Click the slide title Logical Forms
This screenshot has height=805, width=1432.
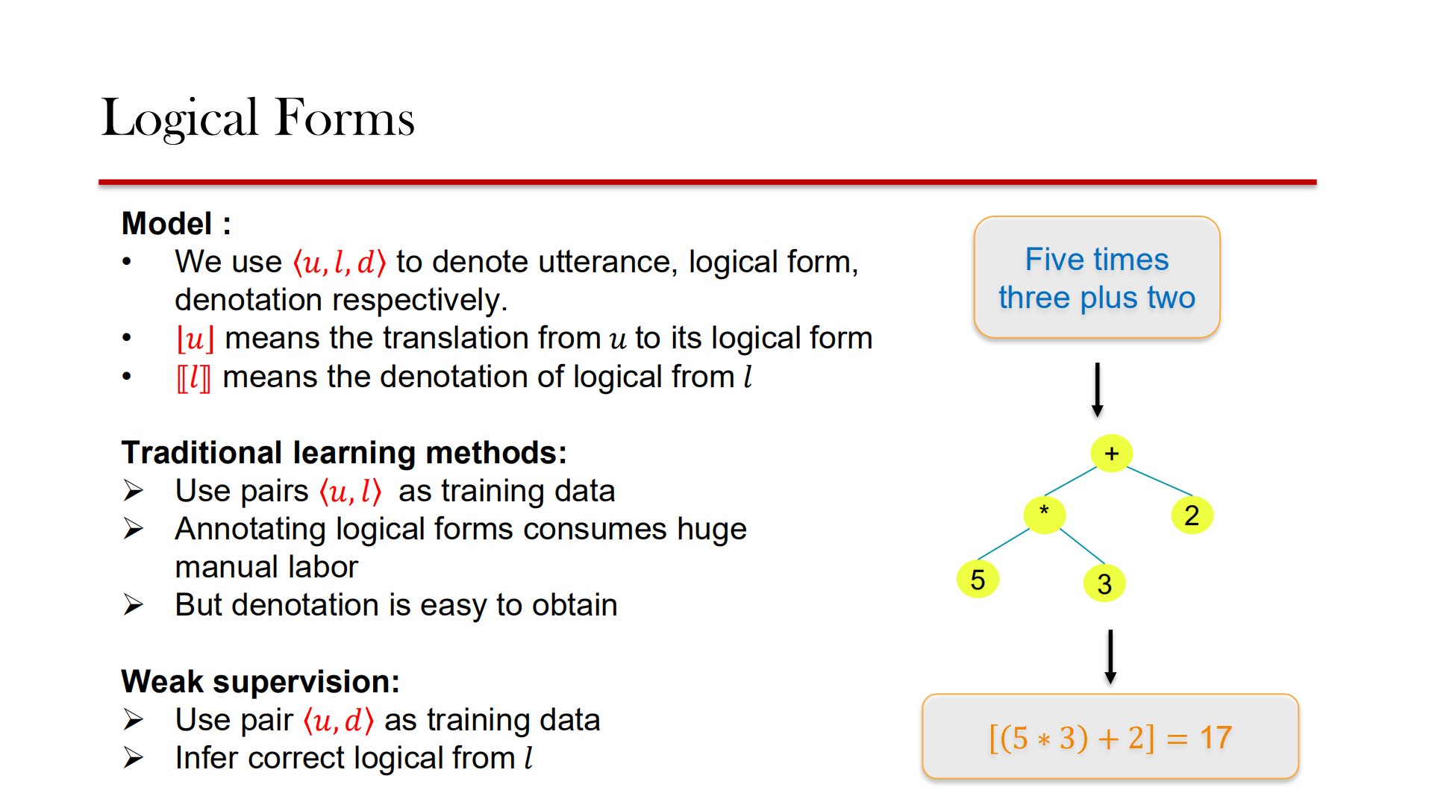(x=257, y=118)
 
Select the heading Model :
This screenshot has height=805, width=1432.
(x=176, y=223)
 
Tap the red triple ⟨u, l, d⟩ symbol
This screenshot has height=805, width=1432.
(x=340, y=262)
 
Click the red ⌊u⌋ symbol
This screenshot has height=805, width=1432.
(x=195, y=339)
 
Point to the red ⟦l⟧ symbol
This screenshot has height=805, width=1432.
(x=193, y=378)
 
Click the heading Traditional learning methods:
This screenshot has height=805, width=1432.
(x=344, y=452)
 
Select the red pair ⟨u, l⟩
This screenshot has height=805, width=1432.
(x=350, y=492)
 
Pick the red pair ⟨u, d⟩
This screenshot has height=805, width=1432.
(x=338, y=721)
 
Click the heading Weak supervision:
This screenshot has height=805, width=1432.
(x=260, y=681)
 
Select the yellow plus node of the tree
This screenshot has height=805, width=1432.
(x=1111, y=453)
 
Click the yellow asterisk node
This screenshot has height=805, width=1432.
(x=1044, y=513)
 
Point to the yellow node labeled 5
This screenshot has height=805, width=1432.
(x=978, y=580)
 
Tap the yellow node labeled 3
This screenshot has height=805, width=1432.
(x=1104, y=583)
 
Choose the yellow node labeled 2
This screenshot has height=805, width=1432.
(x=1192, y=516)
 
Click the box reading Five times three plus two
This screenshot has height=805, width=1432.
(x=1096, y=278)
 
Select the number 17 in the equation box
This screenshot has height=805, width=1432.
(x=1216, y=738)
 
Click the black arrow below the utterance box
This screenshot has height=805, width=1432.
(x=1097, y=389)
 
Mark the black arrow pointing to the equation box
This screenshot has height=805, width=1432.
(x=1110, y=657)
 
